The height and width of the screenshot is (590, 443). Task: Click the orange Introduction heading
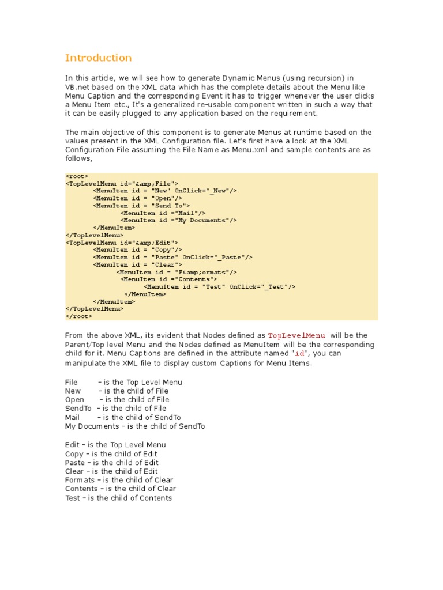(x=98, y=58)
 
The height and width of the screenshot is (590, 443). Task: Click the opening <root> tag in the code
(x=77, y=176)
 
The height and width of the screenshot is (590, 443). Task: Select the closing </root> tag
(x=78, y=316)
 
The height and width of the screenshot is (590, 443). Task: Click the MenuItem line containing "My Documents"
(x=178, y=220)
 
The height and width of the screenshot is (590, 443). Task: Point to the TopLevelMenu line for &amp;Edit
(x=122, y=243)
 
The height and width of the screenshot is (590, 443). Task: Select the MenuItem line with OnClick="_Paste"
(x=172, y=257)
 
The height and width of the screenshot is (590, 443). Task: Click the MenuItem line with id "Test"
(x=220, y=286)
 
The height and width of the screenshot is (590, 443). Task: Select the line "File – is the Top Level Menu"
(x=123, y=382)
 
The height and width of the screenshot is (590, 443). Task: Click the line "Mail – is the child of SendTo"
(x=123, y=417)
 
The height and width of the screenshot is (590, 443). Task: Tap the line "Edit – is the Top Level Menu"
(x=115, y=445)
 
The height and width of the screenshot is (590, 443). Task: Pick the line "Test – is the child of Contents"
(x=118, y=498)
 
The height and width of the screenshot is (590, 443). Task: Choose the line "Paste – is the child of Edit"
(x=111, y=462)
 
